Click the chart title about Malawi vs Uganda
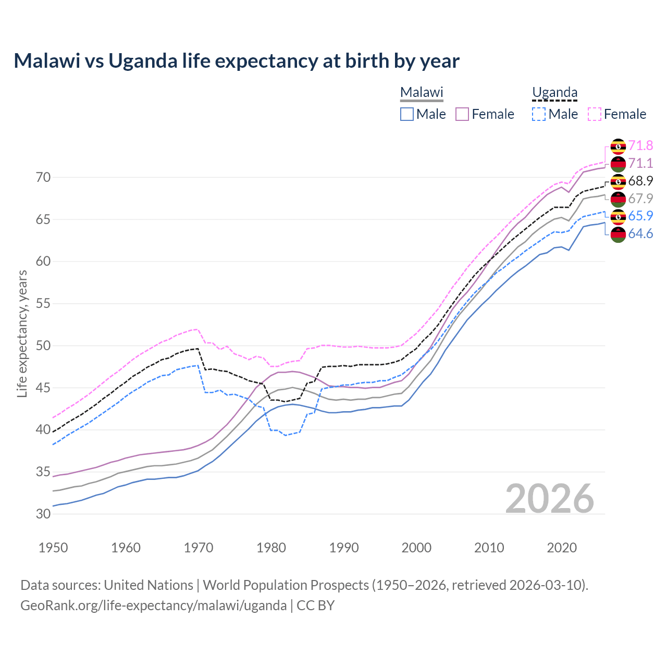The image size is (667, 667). pyautogui.click(x=237, y=61)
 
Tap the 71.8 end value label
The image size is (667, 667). pyautogui.click(x=640, y=145)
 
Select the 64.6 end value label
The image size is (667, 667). pyautogui.click(x=640, y=234)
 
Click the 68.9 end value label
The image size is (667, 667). pyautogui.click(x=640, y=181)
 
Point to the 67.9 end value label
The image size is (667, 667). pyautogui.click(x=640, y=199)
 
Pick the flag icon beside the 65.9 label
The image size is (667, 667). pyautogui.click(x=618, y=216)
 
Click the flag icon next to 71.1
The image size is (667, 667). pyautogui.click(x=618, y=164)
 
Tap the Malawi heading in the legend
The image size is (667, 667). pyautogui.click(x=422, y=93)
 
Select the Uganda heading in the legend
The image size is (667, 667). pyautogui.click(x=554, y=93)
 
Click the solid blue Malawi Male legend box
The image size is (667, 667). pyautogui.click(x=407, y=114)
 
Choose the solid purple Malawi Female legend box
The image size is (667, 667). pyautogui.click(x=463, y=114)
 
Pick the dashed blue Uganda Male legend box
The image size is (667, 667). pyautogui.click(x=539, y=114)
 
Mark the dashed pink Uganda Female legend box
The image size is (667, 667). pyautogui.click(x=595, y=114)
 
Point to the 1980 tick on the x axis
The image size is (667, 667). pyautogui.click(x=271, y=548)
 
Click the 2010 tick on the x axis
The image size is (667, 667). pyautogui.click(x=489, y=548)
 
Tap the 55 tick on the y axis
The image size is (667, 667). pyautogui.click(x=43, y=304)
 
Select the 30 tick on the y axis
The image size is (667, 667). pyautogui.click(x=43, y=514)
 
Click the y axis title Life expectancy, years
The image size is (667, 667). pyautogui.click(x=22, y=333)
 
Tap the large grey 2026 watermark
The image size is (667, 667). pyautogui.click(x=550, y=499)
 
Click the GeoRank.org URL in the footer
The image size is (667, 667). pyautogui.click(x=153, y=606)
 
